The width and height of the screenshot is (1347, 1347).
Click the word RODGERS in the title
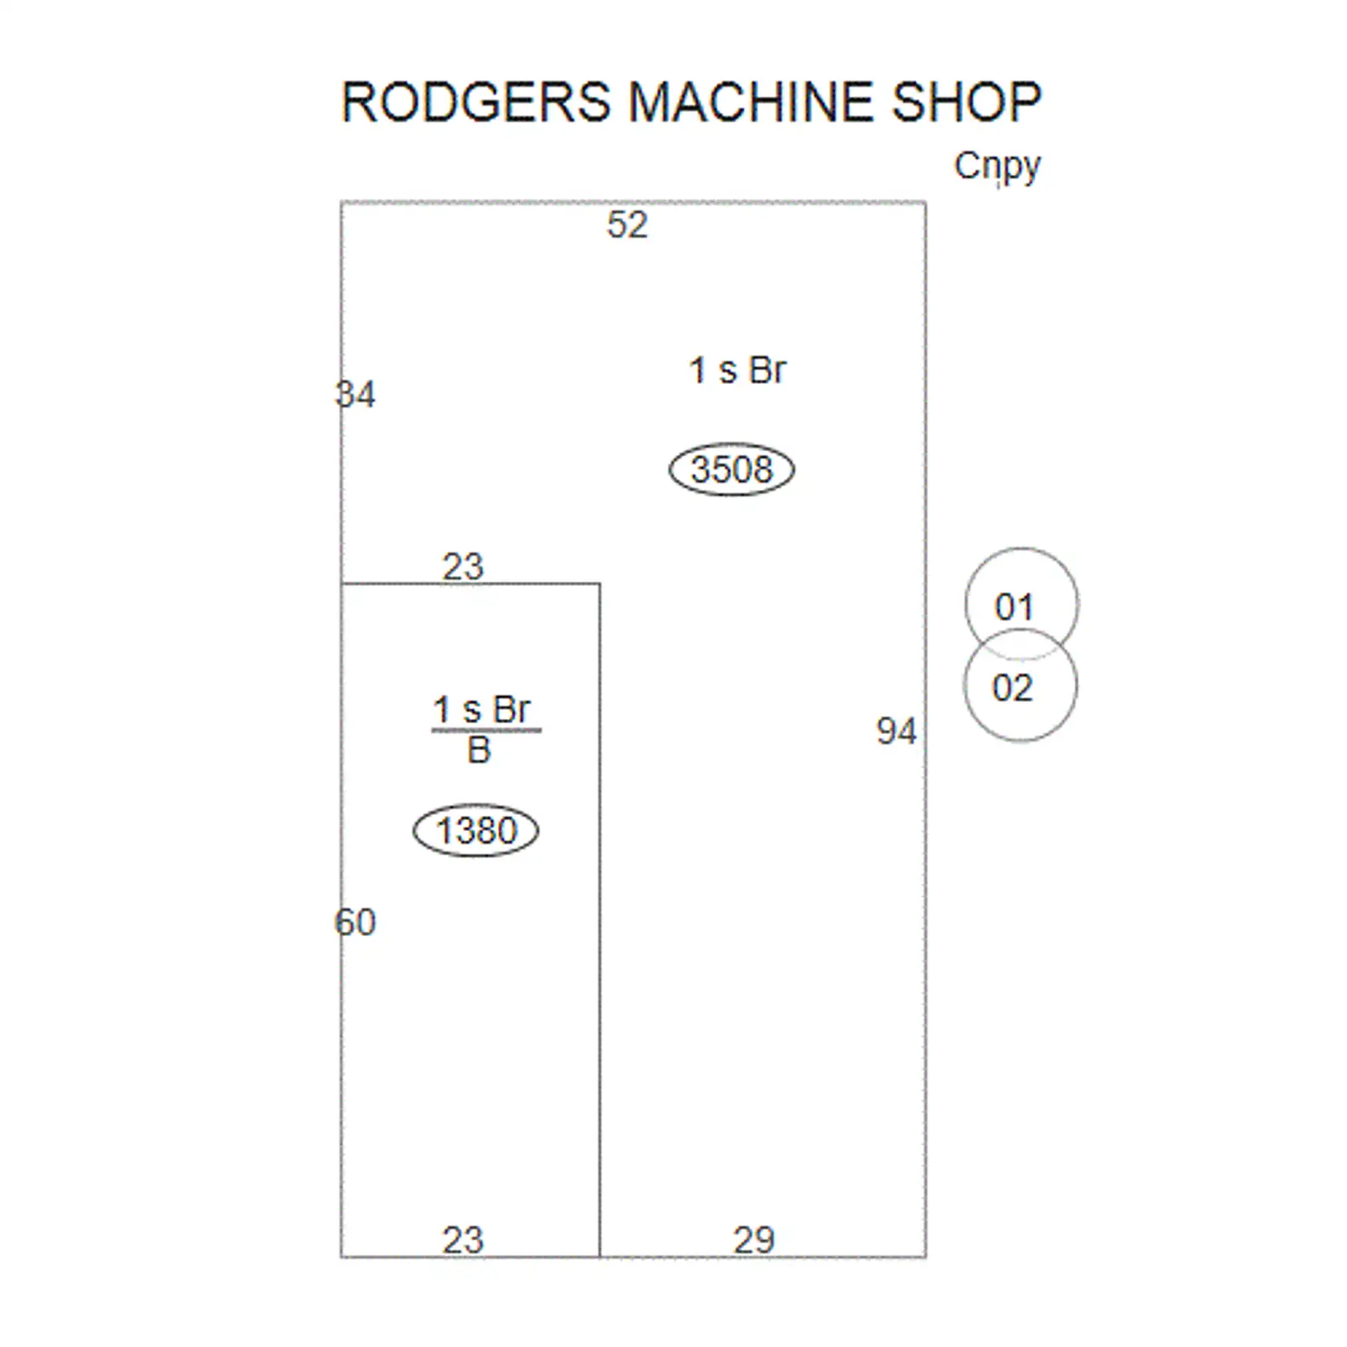(476, 102)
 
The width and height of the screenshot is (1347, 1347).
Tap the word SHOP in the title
(966, 102)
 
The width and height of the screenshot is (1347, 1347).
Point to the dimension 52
(627, 225)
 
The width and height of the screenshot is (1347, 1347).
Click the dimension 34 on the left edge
(355, 394)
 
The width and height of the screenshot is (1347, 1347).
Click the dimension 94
(896, 731)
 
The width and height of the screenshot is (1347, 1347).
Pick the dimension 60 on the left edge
(355, 922)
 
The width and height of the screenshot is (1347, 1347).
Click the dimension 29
(753, 1240)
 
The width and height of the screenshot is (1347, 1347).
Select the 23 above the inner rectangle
(463, 567)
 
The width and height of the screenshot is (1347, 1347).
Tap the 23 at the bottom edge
(463, 1240)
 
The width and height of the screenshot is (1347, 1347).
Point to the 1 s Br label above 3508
(737, 370)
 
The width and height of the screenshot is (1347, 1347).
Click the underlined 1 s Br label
(482, 710)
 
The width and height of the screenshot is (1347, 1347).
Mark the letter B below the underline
(479, 750)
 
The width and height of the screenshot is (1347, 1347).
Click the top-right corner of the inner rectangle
(599, 583)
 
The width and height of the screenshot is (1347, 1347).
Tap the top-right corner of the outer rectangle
(926, 202)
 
